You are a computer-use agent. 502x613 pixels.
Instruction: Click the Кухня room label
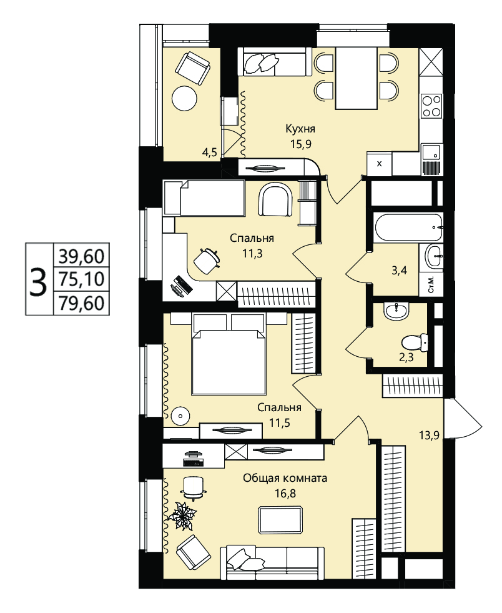click(x=300, y=129)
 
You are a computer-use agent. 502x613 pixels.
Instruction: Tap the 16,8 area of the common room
click(x=285, y=494)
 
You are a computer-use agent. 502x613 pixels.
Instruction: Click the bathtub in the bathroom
click(x=408, y=227)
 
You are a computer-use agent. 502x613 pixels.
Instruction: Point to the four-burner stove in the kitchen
click(x=431, y=106)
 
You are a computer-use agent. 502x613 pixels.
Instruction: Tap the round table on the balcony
click(x=184, y=98)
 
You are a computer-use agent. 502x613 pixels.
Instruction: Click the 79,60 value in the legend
click(x=81, y=303)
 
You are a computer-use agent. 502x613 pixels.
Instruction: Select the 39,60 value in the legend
click(x=81, y=257)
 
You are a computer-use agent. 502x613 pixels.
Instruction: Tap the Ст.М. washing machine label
click(x=431, y=284)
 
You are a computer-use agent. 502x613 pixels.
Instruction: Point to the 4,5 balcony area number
click(x=209, y=152)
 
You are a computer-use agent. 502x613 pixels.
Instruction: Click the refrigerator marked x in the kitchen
click(x=380, y=164)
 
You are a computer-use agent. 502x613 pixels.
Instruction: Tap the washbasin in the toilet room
click(x=396, y=311)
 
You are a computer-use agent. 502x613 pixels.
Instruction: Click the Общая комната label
click(x=285, y=478)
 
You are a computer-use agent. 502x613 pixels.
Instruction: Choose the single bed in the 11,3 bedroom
click(x=204, y=198)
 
